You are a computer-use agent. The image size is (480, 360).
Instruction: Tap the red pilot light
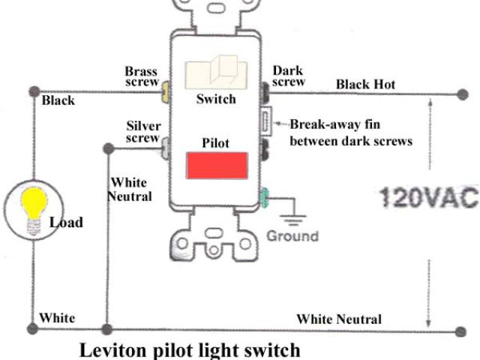point(217,165)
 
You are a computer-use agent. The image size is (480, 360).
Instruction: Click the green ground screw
point(264,199)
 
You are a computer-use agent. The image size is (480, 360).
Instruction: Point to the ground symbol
point(293,213)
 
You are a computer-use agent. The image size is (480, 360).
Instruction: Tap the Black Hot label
point(365,84)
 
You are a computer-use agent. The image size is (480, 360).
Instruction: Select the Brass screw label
point(141,76)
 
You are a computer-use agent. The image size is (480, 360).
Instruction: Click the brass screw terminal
point(164,94)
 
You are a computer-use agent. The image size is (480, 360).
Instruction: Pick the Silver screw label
point(142,132)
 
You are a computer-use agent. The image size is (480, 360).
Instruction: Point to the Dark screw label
point(287,76)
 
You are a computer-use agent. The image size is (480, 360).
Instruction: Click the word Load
point(66,223)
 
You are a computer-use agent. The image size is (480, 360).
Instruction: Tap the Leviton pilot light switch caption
point(189,349)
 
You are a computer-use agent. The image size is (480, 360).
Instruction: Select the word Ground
point(292,236)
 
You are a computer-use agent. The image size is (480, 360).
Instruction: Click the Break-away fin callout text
point(350,132)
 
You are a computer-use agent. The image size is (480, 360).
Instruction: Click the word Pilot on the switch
point(215,142)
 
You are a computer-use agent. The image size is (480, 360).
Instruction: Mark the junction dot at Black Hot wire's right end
point(461,95)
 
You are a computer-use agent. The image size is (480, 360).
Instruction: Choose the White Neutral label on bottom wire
point(338,319)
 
